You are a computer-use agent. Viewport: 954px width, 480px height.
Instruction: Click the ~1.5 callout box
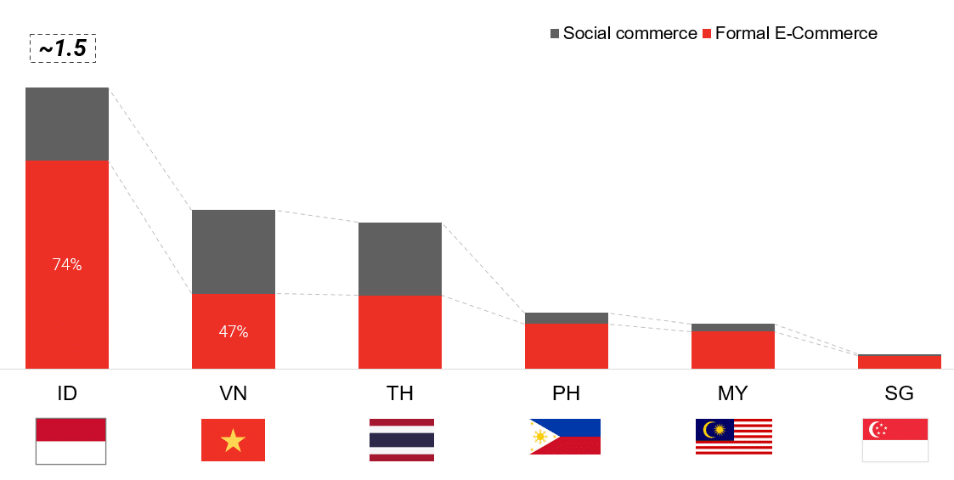point(63,49)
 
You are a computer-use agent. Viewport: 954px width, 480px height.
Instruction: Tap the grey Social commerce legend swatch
point(554,33)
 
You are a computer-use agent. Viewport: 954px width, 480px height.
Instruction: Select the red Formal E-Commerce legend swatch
point(707,33)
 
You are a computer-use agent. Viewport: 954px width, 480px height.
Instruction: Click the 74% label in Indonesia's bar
point(67,265)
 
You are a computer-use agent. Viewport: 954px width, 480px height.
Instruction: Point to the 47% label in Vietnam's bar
point(234,331)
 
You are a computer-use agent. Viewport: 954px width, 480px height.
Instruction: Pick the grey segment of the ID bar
point(67,124)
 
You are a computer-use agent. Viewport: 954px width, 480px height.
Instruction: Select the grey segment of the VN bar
point(234,251)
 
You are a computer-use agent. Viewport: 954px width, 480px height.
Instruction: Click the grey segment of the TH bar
point(400,259)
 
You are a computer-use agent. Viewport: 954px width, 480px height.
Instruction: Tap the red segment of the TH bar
point(400,332)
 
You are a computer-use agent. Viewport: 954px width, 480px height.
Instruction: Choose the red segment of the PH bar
point(567,346)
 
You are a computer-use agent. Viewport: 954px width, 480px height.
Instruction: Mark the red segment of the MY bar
point(733,350)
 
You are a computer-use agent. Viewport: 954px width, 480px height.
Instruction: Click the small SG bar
point(900,361)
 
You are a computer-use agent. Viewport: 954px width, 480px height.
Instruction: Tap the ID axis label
point(67,393)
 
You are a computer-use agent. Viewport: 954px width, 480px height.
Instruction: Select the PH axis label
point(567,393)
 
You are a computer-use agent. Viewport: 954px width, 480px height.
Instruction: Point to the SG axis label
point(900,393)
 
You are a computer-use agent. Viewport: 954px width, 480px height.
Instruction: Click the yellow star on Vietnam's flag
point(233,440)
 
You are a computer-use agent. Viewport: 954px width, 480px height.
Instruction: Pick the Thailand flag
point(402,440)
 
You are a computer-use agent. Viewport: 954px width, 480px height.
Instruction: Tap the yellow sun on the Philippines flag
point(540,436)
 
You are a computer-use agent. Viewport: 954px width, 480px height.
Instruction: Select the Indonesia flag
point(71,441)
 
